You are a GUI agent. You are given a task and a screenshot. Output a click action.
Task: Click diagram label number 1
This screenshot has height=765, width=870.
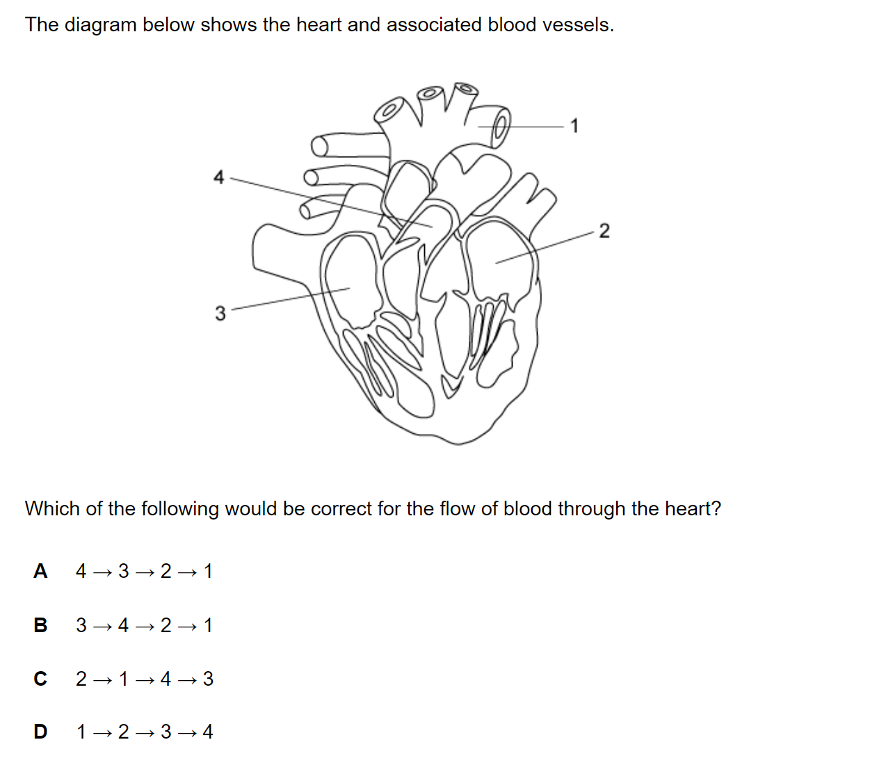pos(574,126)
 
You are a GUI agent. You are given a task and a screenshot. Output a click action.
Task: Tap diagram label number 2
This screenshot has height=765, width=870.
pos(604,231)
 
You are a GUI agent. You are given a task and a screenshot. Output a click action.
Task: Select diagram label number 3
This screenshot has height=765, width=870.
pos(220,313)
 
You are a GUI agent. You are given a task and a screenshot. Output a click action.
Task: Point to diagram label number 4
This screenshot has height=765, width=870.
pos(218,177)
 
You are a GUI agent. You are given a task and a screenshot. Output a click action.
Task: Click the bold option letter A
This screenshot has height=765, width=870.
pos(40,571)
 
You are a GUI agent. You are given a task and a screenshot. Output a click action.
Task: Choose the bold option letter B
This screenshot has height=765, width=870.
pos(40,625)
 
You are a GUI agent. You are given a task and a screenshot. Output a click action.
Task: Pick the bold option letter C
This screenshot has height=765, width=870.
pos(40,679)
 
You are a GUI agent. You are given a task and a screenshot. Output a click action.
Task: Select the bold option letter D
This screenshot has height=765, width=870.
pos(40,732)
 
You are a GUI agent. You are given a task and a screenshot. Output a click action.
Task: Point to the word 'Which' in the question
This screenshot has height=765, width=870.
pos(52,508)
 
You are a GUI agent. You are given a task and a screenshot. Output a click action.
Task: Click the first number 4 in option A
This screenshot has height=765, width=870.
pos(81,571)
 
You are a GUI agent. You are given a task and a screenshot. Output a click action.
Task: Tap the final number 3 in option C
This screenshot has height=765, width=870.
pos(208,679)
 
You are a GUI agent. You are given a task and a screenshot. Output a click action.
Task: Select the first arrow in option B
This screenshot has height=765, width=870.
pos(102,627)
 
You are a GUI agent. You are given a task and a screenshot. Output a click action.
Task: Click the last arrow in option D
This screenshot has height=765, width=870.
pos(187,734)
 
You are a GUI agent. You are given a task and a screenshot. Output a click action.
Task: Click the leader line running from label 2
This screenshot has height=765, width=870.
pos(545,247)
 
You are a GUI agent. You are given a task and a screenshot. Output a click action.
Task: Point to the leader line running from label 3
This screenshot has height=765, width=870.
pos(291,298)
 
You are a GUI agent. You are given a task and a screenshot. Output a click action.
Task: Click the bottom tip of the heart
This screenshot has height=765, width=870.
pos(458,444)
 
